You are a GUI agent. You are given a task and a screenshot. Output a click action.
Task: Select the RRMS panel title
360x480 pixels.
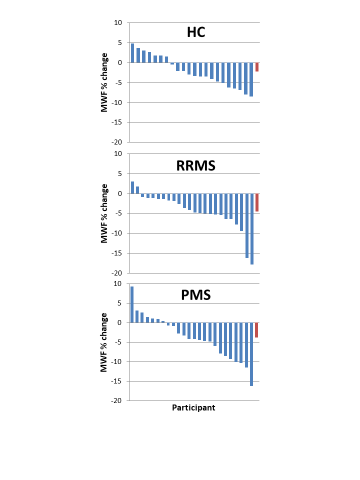coord(196,165)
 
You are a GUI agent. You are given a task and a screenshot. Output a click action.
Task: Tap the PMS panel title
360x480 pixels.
coord(196,294)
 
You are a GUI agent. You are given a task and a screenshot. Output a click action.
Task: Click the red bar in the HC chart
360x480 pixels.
coord(257,67)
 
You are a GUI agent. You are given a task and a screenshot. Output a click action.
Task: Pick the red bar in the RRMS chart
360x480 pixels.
coord(257,202)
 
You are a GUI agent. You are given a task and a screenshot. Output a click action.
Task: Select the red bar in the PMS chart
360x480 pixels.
coord(256,330)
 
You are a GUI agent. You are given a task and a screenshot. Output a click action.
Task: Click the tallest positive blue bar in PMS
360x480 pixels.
coord(132,304)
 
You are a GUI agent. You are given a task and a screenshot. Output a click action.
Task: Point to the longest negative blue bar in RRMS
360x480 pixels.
coord(252,229)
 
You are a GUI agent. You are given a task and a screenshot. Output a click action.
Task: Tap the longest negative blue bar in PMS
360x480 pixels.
coord(251,354)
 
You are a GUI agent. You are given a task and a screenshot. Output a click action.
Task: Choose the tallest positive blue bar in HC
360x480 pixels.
coord(132,53)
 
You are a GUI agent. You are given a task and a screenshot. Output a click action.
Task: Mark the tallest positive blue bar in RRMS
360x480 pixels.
coord(132,187)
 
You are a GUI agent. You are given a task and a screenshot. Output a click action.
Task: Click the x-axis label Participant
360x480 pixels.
coord(193,407)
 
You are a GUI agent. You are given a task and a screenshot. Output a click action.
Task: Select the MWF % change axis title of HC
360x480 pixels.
coord(104,82)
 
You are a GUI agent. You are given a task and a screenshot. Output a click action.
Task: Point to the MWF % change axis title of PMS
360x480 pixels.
coord(104,342)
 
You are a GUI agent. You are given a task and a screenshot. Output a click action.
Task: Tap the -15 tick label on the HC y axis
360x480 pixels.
coord(116,122)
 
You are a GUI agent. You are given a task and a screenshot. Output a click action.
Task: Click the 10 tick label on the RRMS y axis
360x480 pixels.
coord(118,154)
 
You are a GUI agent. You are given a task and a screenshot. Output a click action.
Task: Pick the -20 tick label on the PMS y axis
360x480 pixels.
coord(116,400)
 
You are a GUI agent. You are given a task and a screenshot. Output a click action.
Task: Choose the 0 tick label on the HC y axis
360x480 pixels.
coord(120,62)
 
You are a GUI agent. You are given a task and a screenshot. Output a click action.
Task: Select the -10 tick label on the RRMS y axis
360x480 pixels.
coord(116,233)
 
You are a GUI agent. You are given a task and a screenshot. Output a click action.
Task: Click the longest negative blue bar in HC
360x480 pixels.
coord(251,79)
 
